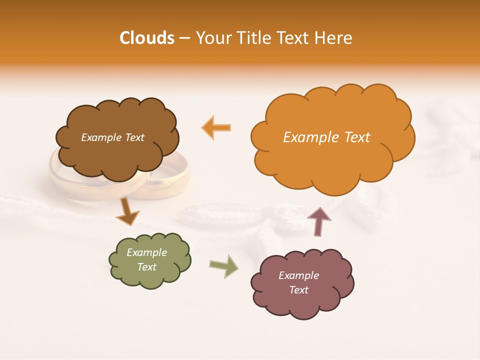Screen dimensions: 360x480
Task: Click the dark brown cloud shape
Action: coord(118,155)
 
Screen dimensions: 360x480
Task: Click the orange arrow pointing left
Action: coord(216,127)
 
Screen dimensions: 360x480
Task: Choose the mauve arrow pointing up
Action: coord(318,221)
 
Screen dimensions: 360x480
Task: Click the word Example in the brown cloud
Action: coord(101,137)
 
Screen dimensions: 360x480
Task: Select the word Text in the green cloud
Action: coord(147,267)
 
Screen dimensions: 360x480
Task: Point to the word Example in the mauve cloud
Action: coord(298,275)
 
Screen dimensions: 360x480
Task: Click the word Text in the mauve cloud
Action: coord(298,290)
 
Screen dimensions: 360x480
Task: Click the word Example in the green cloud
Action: coord(147,252)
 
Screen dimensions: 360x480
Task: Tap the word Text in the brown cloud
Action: coord(133,137)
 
